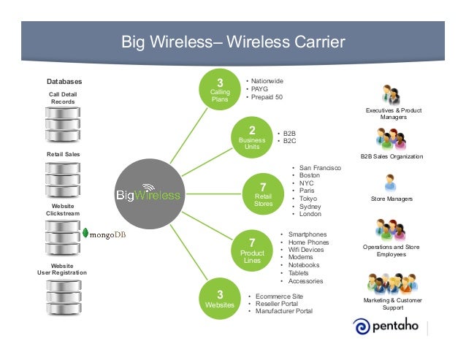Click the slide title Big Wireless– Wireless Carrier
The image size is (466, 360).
pyautogui.click(x=232, y=42)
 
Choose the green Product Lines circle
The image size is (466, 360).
pyautogui.click(x=251, y=248)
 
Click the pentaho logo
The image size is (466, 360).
pyautogui.click(x=386, y=326)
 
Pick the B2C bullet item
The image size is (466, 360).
pyautogui.click(x=289, y=142)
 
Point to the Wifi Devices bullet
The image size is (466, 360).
pyautogui.click(x=305, y=250)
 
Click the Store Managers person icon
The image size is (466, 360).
pyautogui.click(x=391, y=183)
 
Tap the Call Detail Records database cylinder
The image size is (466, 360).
pyautogui.click(x=63, y=124)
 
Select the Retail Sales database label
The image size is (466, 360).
pyautogui.click(x=63, y=155)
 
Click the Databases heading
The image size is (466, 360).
pyautogui.click(x=64, y=81)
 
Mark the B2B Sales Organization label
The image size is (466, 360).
pyautogui.click(x=392, y=156)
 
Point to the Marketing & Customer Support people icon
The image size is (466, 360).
pyautogui.click(x=391, y=283)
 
